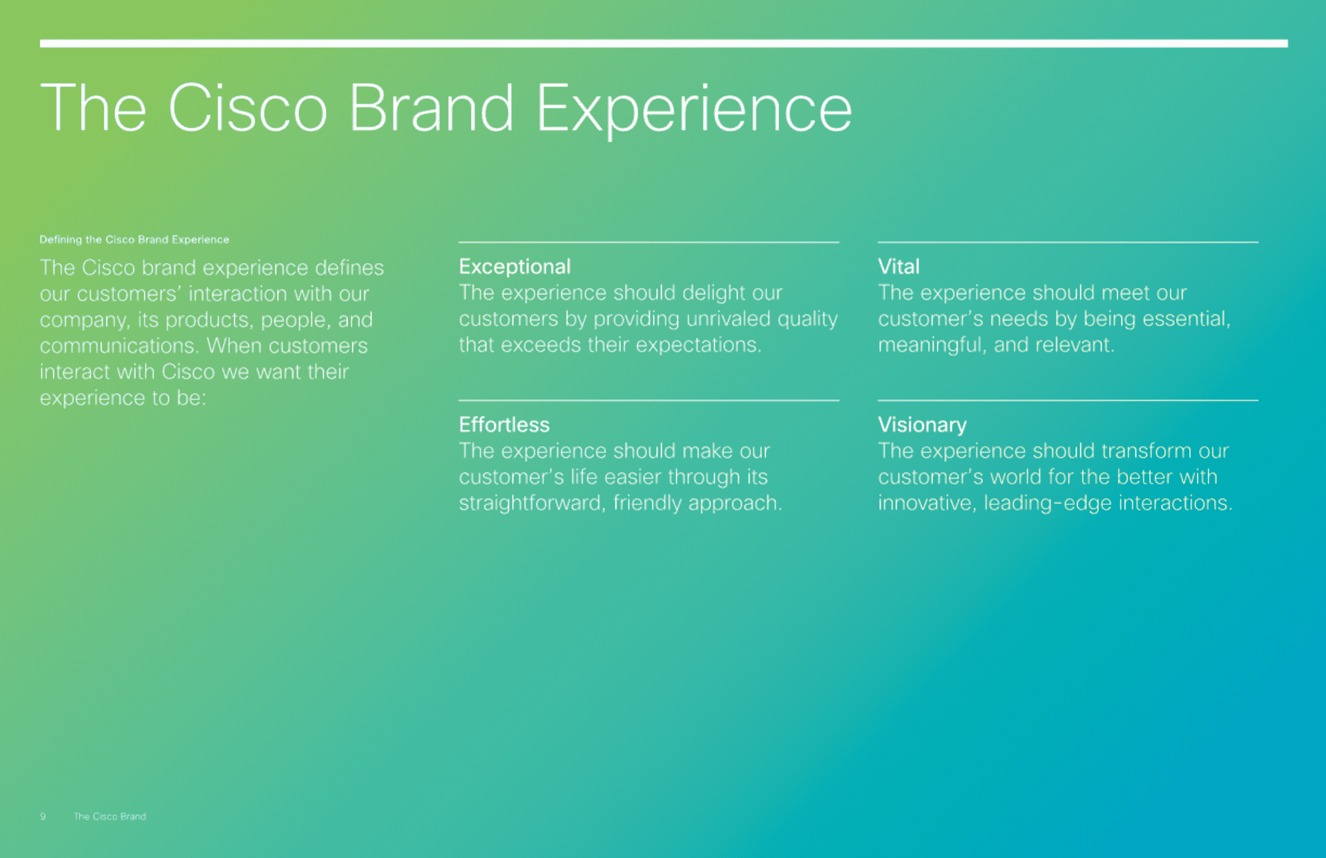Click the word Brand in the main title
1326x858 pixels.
tap(432, 107)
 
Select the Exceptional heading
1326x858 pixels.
tap(515, 267)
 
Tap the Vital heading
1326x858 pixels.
tap(899, 266)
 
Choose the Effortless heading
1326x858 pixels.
tap(504, 424)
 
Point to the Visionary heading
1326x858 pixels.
tap(922, 425)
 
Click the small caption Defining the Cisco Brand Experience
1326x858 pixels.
tap(134, 240)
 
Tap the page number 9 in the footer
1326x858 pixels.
tap(43, 816)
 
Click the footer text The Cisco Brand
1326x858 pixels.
tap(110, 816)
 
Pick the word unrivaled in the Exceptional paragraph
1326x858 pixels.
tap(728, 318)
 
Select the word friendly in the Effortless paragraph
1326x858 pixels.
tap(647, 503)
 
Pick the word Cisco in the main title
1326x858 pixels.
tap(248, 107)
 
